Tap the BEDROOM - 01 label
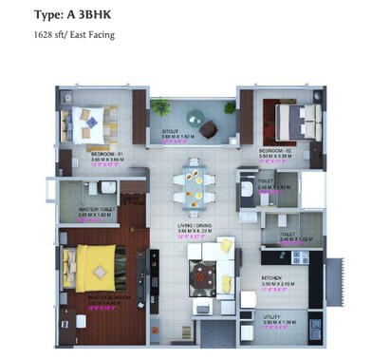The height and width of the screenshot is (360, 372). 104,152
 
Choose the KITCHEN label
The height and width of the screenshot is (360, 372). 273,278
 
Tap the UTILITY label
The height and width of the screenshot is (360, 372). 272,318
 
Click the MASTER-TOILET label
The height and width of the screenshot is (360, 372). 97,209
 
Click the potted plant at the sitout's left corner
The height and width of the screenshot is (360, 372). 161,105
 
